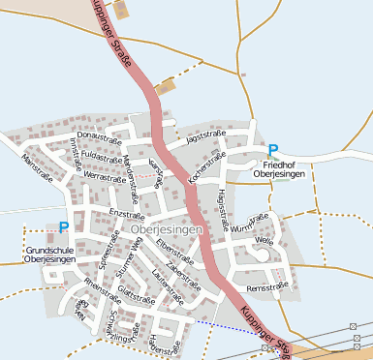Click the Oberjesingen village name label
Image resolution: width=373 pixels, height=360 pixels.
[164, 229]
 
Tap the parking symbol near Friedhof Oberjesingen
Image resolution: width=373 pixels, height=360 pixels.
[273, 150]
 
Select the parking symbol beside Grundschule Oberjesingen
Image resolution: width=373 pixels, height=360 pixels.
[64, 227]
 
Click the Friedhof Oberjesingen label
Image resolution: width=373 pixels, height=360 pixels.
[279, 168]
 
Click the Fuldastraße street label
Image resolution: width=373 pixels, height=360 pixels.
[100, 155]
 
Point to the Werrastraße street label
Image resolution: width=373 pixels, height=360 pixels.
[106, 177]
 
